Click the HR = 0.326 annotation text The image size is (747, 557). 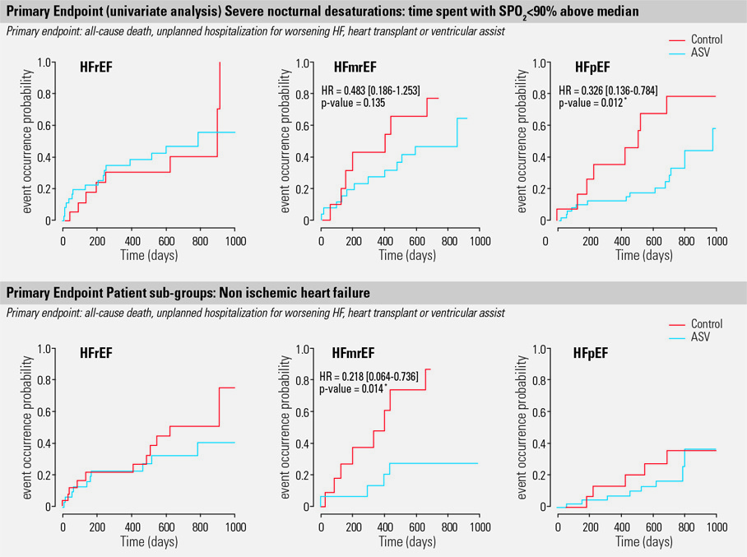(x=607, y=90)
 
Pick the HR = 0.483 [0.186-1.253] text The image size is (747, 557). (x=370, y=91)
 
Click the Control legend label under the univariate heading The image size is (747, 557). (x=707, y=39)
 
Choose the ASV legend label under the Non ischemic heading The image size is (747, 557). (x=701, y=337)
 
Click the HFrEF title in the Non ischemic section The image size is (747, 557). (x=96, y=354)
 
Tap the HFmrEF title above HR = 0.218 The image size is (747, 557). (x=355, y=354)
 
